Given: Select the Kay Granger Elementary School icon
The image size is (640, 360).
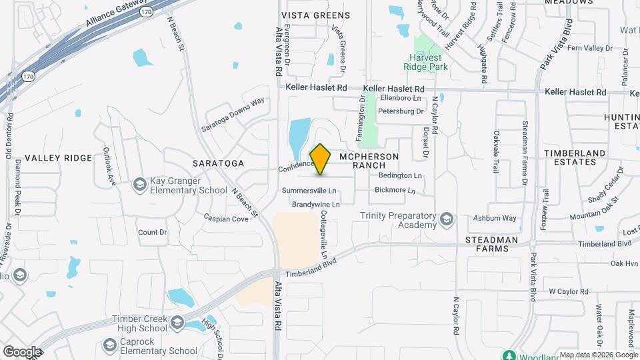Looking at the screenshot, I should tap(139, 184).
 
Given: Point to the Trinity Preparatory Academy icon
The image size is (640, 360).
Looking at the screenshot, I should tap(446, 219).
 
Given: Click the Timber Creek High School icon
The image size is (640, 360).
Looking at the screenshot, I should tap(177, 323).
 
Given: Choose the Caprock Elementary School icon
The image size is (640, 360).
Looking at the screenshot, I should tap(110, 345).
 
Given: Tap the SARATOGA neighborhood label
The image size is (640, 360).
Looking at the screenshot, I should tap(218, 163).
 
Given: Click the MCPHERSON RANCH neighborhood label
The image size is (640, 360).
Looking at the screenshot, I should tap(369, 160).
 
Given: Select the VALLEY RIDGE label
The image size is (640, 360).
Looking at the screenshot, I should tap(58, 157).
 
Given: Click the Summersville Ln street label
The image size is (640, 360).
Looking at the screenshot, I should tap(309, 191).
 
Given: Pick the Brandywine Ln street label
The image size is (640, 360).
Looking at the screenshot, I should tap(315, 204).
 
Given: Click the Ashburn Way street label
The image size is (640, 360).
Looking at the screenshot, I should tap(495, 218).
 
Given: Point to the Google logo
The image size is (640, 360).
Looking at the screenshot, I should tap(22, 351).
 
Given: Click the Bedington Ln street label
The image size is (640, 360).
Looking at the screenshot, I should tap(400, 175).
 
